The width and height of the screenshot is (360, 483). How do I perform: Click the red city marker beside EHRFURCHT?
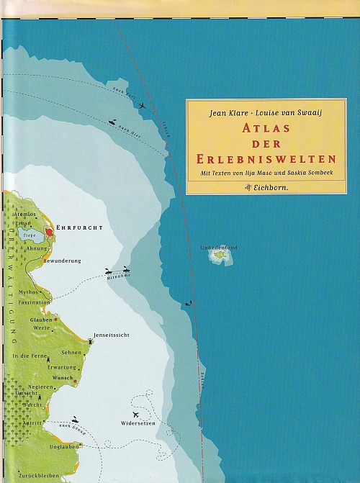[49, 232]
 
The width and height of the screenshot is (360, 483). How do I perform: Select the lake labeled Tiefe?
[30, 235]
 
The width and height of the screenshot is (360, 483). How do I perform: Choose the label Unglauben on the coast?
[65, 447]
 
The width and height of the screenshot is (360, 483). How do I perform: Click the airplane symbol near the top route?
[141, 106]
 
